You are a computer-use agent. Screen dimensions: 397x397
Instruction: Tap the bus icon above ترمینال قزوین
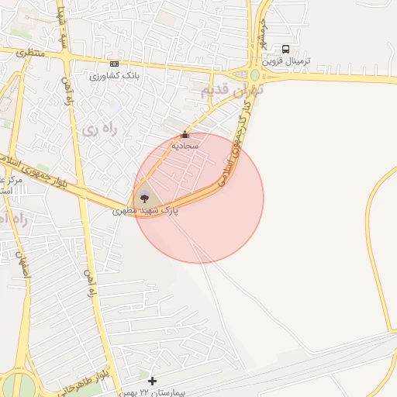click(x=286, y=49)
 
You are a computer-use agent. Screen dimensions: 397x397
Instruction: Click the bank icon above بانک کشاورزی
click(x=115, y=64)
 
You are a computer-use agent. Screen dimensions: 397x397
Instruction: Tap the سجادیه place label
click(x=185, y=145)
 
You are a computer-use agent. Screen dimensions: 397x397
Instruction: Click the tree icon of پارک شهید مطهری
click(x=144, y=198)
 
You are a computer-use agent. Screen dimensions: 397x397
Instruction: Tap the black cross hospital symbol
click(x=152, y=381)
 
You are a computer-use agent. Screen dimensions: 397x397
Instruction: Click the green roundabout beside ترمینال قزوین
click(x=255, y=75)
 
